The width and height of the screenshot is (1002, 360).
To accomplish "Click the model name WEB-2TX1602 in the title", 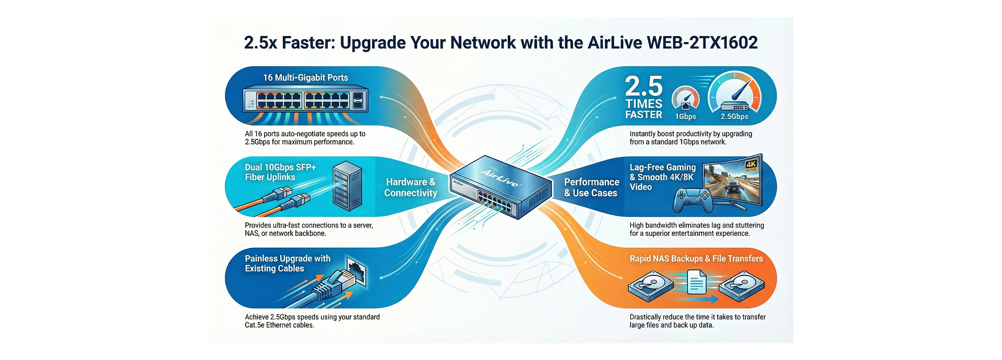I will click(702, 42).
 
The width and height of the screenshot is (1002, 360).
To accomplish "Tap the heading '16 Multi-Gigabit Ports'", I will click(305, 78).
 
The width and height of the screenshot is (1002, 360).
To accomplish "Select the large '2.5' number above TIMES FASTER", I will click(643, 86).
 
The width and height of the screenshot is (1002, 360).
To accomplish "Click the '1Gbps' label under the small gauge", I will click(685, 116).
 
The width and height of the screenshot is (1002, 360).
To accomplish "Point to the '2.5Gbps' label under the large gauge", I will click(734, 116).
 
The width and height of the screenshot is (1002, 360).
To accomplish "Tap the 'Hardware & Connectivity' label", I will click(411, 187).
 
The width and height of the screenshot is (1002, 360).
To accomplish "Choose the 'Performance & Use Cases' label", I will click(591, 187).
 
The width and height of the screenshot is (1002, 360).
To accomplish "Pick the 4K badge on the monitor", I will click(751, 166).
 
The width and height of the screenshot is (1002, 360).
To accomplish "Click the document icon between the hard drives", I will click(697, 282).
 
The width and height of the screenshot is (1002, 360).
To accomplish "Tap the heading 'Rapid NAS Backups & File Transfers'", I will click(696, 259).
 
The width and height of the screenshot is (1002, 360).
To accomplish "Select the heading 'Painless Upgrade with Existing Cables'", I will click(288, 263).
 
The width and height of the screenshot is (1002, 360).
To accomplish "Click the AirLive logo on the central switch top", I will click(499, 178).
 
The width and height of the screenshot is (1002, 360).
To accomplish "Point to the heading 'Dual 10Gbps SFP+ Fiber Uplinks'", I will click(280, 172).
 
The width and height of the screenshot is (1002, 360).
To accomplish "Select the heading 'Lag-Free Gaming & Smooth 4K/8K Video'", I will click(662, 177).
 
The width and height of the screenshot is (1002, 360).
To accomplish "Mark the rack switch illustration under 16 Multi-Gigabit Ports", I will click(305, 100).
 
